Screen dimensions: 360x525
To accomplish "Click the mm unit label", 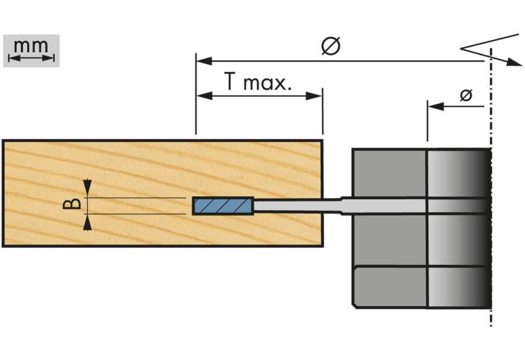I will (31, 46).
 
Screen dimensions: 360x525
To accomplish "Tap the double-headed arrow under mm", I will (31, 58).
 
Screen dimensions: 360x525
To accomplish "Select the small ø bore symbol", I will (466, 96).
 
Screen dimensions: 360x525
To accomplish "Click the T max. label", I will (258, 83).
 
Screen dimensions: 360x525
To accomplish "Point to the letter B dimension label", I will (73, 205).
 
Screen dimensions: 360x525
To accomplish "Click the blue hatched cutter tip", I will (222, 205).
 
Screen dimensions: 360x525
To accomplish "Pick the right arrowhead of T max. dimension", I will (316, 96).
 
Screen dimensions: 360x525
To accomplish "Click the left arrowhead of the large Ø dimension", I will (202, 61).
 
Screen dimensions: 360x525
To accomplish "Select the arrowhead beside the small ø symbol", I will (434, 106).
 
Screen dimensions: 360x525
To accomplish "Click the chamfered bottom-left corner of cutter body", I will (355, 304).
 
